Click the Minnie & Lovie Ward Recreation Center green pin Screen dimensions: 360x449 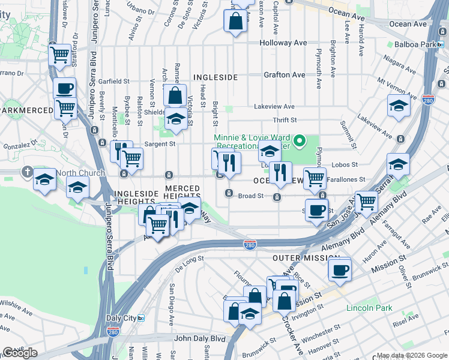pyautogui.click(x=303, y=142)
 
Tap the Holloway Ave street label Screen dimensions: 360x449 pyautogui.click(x=283, y=43)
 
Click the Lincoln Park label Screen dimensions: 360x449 pyautogui.click(x=369, y=308)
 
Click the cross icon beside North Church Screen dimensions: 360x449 pyautogui.click(x=27, y=172)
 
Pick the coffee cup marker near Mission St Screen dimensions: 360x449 pyautogui.click(x=340, y=269)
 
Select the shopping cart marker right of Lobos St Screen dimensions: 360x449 pyautogui.click(x=315, y=178)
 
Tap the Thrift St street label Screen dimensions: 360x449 pyautogui.click(x=285, y=121)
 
